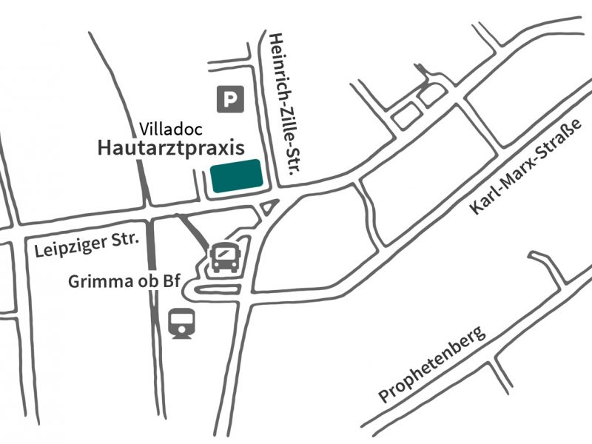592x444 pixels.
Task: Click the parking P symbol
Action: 230,98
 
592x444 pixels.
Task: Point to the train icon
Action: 181,323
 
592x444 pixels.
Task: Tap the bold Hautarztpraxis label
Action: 171,147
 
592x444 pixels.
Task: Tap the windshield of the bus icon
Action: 225,253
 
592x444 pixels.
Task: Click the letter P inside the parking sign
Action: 231,98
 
